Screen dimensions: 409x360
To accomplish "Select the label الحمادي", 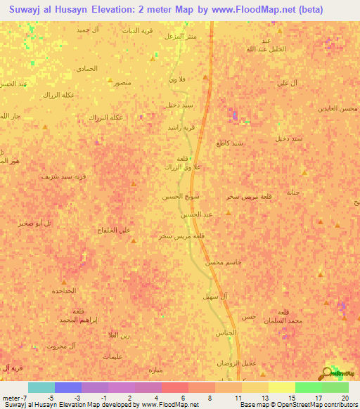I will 86,68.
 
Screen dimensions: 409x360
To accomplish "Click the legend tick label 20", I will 345,397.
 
